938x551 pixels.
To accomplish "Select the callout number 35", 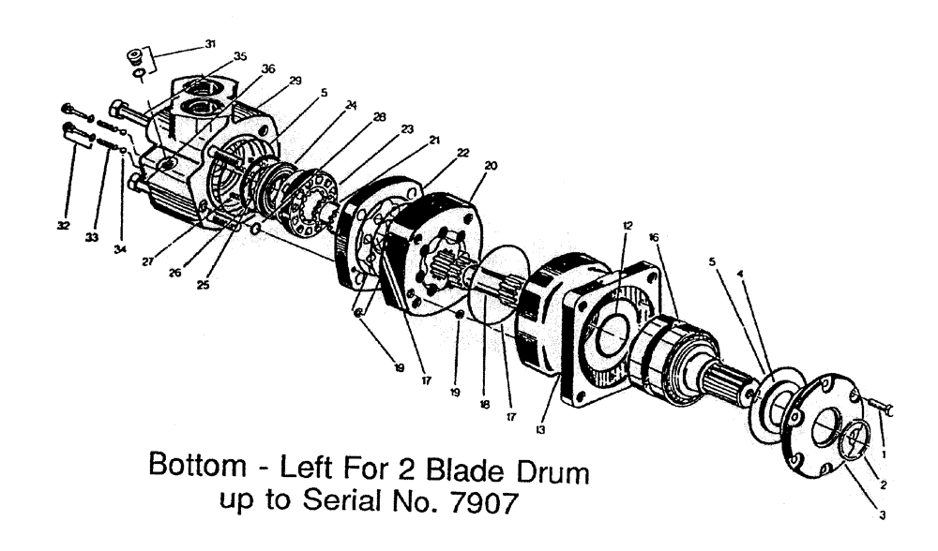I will pos(240,57).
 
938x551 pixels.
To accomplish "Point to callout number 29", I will pos(295,82).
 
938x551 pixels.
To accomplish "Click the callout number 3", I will pos(880,513).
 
